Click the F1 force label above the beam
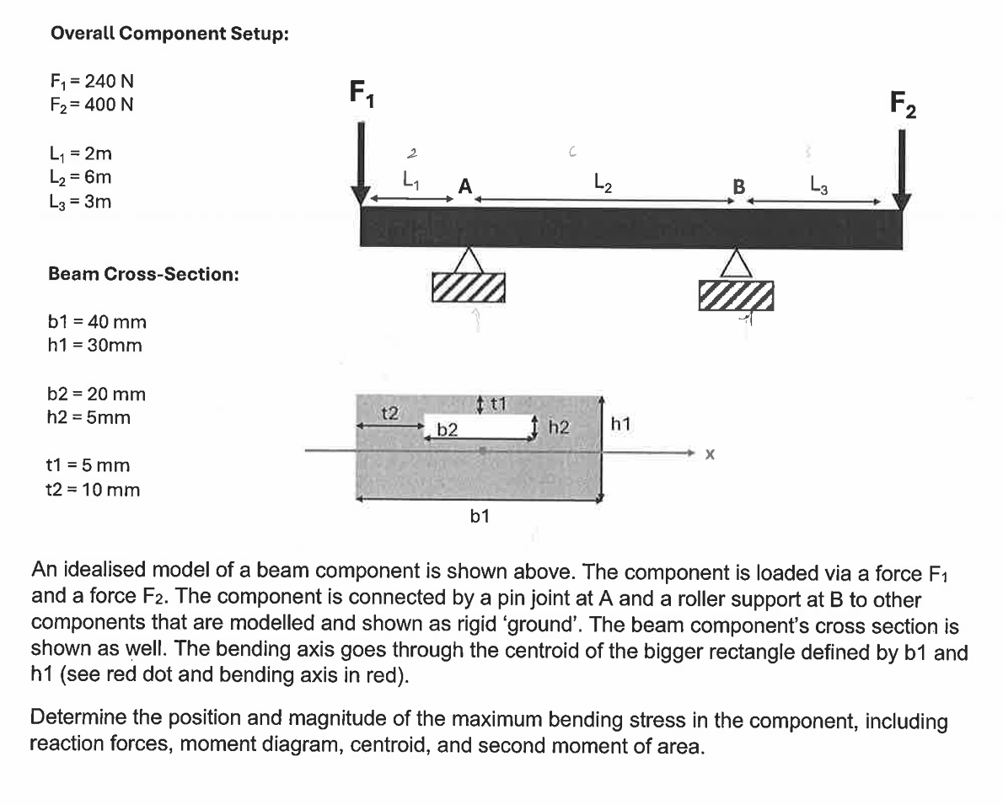click(362, 93)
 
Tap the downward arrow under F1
click(361, 164)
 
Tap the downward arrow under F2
click(901, 172)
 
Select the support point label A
click(464, 187)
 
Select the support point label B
click(738, 187)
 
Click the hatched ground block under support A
click(469, 287)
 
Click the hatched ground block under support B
click(736, 295)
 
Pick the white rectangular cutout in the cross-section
click(478, 426)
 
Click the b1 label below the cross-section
click(479, 517)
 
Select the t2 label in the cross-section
click(389, 412)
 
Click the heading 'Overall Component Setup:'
click(169, 34)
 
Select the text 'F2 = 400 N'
click(92, 105)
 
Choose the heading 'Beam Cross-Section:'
click(143, 274)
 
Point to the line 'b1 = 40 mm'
click(98, 321)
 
